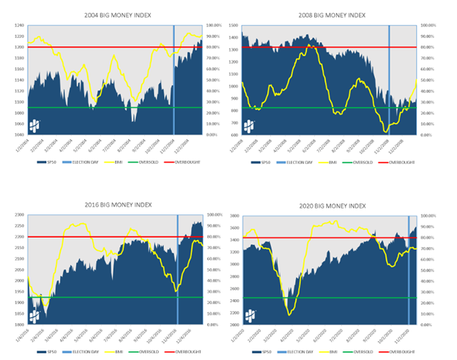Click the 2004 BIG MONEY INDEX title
115,15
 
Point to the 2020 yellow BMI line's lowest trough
272,315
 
